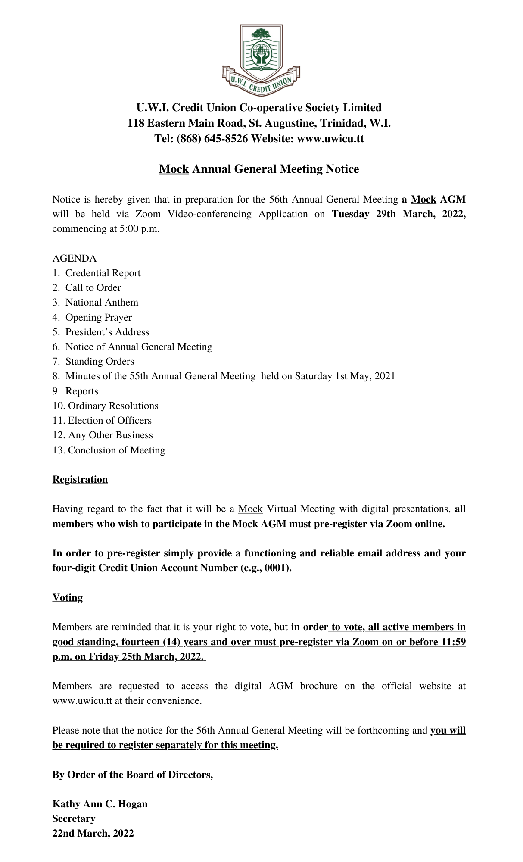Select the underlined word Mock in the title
174,169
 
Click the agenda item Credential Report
103,273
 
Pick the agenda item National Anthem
102,303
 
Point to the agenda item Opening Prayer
98,318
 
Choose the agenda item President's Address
107,332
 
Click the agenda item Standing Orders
100,362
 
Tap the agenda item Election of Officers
109,421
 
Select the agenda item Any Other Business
110,435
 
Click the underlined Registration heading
80,480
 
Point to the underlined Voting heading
68,598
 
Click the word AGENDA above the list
75,259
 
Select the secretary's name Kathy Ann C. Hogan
100,804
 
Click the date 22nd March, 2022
93,834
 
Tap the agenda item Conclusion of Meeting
116,450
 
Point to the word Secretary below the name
74,819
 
